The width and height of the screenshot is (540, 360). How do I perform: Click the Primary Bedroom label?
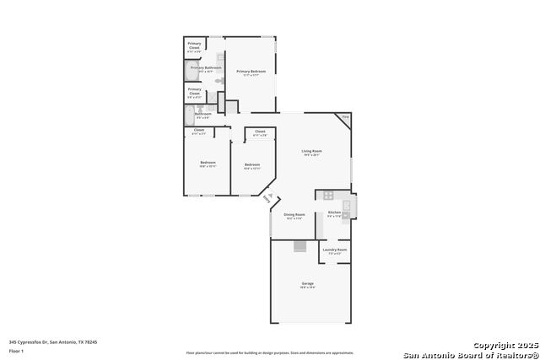pos(251,73)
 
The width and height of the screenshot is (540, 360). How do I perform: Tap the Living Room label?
pos(312,153)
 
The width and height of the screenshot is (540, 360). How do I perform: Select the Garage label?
pos(307,285)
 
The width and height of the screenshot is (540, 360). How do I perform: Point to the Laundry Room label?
pos(334,250)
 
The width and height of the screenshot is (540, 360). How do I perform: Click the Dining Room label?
pos(294,217)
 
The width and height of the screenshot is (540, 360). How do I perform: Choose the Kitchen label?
pos(334,213)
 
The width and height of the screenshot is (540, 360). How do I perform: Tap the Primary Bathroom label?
pos(206,68)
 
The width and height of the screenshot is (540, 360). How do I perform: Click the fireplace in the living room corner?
pos(344,117)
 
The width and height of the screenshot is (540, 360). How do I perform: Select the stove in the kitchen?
pos(328,196)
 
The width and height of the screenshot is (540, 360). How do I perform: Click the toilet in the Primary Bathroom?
pos(219,80)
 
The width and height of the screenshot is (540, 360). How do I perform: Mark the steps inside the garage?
pos(299,246)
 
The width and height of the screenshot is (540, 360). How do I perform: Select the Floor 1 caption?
pos(17,351)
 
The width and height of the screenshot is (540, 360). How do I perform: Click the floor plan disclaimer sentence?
pos(270,353)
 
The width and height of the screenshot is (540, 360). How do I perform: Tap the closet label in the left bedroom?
pos(199,132)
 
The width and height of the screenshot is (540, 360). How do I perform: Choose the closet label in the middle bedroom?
pos(259,133)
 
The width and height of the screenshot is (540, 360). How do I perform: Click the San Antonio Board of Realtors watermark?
pos(470,354)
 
